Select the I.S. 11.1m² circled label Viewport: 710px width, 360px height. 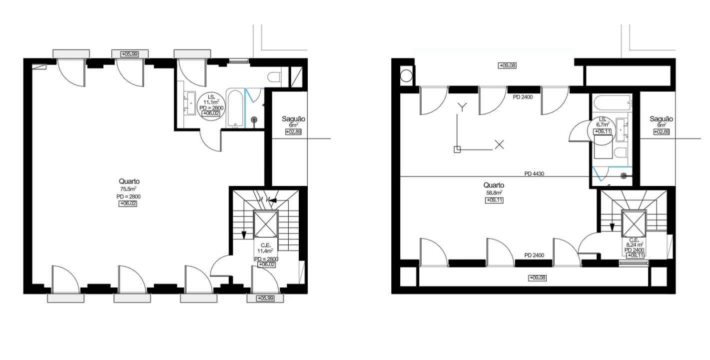pos(211,105)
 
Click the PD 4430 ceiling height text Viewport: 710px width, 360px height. pos(534,174)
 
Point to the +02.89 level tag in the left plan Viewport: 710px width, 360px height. pos(293,131)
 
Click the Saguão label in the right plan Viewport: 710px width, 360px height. pos(661,119)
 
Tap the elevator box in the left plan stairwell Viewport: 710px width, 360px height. pos(266,224)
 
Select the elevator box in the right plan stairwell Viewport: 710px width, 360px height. pos(634,223)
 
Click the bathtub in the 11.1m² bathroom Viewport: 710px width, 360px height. pos(235,108)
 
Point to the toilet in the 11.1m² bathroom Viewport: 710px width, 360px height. pos(274,77)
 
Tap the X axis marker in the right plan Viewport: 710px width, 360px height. pos(499,145)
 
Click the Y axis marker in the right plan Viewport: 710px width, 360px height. pos(463,107)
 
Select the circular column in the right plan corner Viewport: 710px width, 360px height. pos(406,76)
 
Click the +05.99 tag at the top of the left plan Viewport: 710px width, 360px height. pos(129,54)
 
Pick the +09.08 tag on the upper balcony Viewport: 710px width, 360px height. pos(507,65)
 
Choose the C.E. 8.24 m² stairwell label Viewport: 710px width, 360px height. pos(634,247)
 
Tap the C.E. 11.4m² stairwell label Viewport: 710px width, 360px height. pos(266,255)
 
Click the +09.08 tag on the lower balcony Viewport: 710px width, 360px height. pos(538,278)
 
